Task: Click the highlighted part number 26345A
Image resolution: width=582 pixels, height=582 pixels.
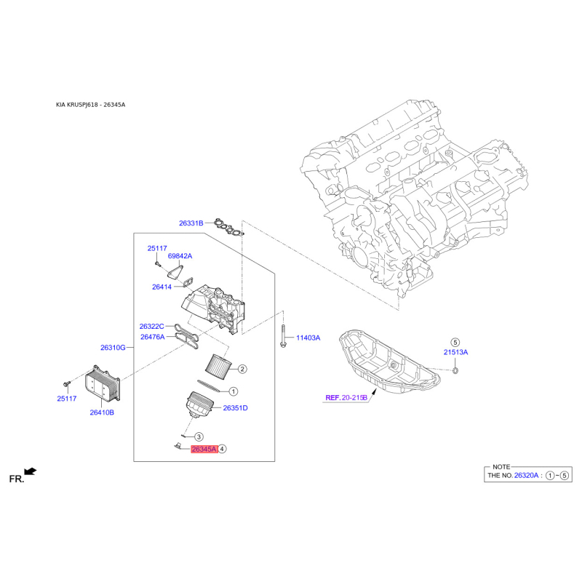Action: pyautogui.click(x=204, y=449)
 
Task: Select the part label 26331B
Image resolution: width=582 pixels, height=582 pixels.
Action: pyautogui.click(x=191, y=223)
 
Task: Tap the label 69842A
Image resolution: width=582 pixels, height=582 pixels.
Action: pyautogui.click(x=180, y=256)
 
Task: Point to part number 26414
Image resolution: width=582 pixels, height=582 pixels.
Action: pyautogui.click(x=162, y=287)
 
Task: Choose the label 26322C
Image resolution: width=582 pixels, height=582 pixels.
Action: pyautogui.click(x=151, y=326)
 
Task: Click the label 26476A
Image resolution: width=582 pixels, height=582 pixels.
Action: pyautogui.click(x=153, y=337)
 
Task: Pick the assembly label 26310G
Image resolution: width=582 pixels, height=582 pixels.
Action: pyautogui.click(x=113, y=348)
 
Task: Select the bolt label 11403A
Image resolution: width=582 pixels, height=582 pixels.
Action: pyautogui.click(x=308, y=338)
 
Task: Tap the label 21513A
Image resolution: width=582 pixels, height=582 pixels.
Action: pyautogui.click(x=456, y=352)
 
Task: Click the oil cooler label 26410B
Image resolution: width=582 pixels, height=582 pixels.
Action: pyautogui.click(x=102, y=412)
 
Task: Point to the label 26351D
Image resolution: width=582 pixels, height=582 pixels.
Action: pyautogui.click(x=235, y=408)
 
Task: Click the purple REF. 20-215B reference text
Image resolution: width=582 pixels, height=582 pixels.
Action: pyautogui.click(x=346, y=397)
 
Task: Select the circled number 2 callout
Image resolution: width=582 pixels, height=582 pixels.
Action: pyautogui.click(x=242, y=369)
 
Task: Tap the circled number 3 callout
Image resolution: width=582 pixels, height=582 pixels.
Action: pyautogui.click(x=199, y=437)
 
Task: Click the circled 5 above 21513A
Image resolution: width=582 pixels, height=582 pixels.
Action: pyautogui.click(x=455, y=342)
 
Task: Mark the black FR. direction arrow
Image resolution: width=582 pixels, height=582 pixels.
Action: pyautogui.click(x=31, y=471)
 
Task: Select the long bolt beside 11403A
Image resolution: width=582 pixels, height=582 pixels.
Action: pyautogui.click(x=283, y=336)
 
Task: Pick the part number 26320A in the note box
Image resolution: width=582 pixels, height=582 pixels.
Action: pyautogui.click(x=526, y=475)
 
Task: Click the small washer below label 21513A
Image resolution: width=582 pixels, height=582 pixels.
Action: pyautogui.click(x=456, y=370)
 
